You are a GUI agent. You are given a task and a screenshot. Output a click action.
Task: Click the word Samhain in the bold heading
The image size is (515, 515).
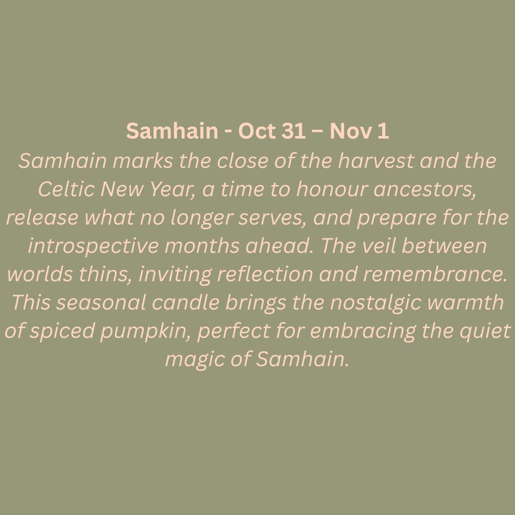click(x=172, y=130)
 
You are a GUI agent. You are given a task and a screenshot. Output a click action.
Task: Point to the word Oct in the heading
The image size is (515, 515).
click(x=257, y=130)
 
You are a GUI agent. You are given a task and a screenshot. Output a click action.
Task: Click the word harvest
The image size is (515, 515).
click(x=376, y=161)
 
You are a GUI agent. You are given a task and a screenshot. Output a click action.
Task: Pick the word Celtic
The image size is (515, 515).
click(x=66, y=189)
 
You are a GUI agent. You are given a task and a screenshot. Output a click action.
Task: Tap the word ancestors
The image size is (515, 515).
click(x=425, y=190)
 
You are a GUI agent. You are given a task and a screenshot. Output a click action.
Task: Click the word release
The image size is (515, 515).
click(x=42, y=218)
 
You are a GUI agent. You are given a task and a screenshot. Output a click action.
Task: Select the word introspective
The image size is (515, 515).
click(x=93, y=246)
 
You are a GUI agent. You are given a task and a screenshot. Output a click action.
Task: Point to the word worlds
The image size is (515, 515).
click(x=40, y=274)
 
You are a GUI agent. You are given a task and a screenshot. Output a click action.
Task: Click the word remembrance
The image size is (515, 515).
click(x=435, y=274)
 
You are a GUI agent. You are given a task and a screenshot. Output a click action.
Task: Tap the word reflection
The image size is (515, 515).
click(x=265, y=274)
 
